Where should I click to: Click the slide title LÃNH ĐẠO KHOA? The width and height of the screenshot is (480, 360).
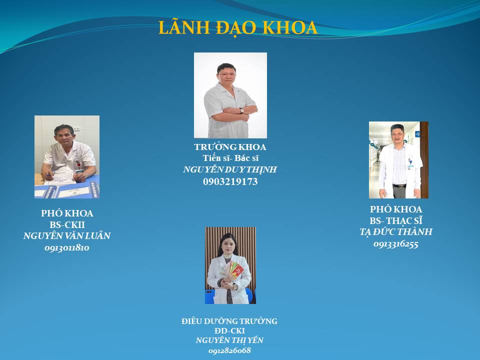(x=238, y=27)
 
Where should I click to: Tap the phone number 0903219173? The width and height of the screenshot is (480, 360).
(x=230, y=181)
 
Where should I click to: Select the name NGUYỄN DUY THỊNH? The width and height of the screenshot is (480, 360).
(x=230, y=169)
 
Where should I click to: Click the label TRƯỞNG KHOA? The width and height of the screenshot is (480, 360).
(x=230, y=147)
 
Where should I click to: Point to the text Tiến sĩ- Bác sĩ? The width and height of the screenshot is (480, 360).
(x=230, y=158)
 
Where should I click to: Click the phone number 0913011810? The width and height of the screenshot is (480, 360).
(x=67, y=247)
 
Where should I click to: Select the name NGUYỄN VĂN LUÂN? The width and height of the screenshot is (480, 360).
(x=67, y=235)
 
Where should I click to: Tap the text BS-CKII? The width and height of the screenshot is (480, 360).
(x=67, y=224)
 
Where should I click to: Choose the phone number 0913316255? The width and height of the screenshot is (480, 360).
(x=396, y=244)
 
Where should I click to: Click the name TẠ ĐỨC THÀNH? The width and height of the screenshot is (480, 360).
(x=396, y=231)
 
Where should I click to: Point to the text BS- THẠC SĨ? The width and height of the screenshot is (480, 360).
(x=396, y=220)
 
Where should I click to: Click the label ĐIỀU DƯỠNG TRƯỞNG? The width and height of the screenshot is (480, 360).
(x=229, y=321)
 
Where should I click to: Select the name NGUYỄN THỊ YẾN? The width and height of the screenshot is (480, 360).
(x=229, y=340)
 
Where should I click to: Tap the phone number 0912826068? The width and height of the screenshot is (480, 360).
(x=229, y=350)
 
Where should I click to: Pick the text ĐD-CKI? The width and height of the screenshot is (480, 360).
(x=229, y=330)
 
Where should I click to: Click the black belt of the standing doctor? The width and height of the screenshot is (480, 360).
(x=399, y=186)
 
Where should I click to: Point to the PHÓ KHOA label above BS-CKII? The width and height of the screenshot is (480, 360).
(x=67, y=213)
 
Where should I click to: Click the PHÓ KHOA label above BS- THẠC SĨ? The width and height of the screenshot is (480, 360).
(x=396, y=209)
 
